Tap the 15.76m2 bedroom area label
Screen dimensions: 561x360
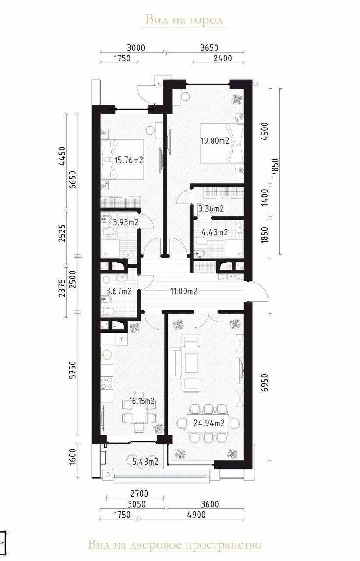pyautogui.click(x=129, y=160)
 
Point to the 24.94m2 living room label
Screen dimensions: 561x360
pyautogui.click(x=209, y=423)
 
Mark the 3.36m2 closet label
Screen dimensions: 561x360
pyautogui.click(x=211, y=209)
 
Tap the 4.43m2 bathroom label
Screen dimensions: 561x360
pyautogui.click(x=215, y=232)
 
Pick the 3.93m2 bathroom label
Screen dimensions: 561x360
pyautogui.click(x=125, y=222)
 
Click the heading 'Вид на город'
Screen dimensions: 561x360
pyautogui.click(x=184, y=20)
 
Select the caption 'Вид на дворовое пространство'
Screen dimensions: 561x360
pyautogui.click(x=175, y=545)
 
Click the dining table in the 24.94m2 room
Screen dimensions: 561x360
pyautogui.click(x=208, y=423)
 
